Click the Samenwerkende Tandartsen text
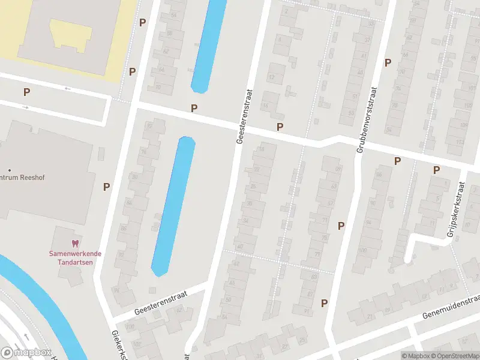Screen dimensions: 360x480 coord(75,257)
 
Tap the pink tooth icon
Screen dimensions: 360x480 coord(75,244)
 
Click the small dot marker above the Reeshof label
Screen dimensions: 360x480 coord(8,170)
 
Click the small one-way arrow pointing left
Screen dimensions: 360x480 coord(67,89)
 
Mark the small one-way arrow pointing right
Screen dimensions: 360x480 coord(25,107)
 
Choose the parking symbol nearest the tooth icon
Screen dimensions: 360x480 coord(106,187)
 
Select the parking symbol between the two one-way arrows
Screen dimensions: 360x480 coord(26,92)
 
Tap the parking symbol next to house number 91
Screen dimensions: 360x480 coord(325,303)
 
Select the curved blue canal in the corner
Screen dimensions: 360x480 coord(42,300)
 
